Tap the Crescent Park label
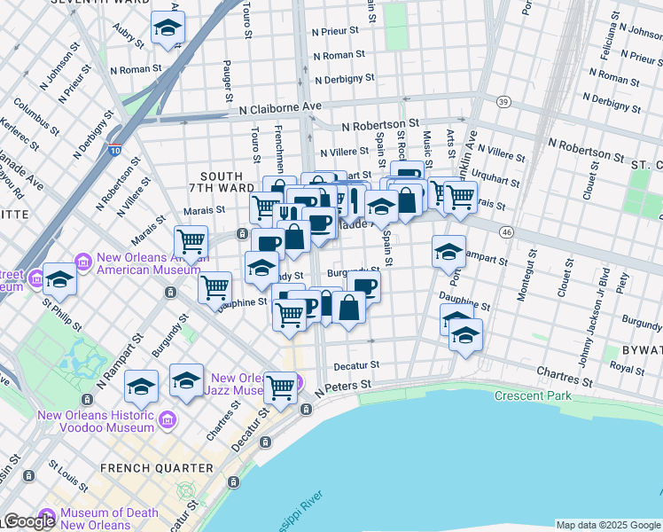533,395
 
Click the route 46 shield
506,231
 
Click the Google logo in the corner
28,521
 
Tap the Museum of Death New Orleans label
97,519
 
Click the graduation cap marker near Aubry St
167,29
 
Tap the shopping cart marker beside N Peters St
280,387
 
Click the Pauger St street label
228,82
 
